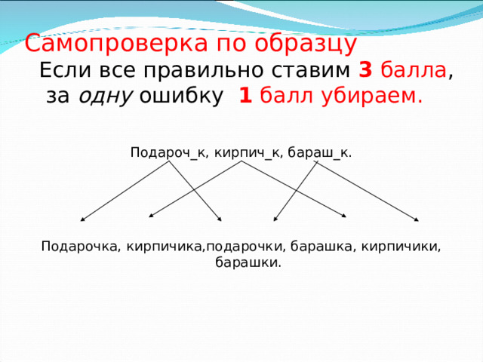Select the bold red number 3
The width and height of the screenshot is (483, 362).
[x=365, y=71]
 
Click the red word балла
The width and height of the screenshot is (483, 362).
[x=414, y=71]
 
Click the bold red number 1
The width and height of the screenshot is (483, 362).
[x=245, y=97]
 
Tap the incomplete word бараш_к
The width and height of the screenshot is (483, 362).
[x=321, y=152]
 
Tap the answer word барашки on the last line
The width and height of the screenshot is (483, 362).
[x=248, y=263]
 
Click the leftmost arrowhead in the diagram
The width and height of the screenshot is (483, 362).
[x=82, y=220]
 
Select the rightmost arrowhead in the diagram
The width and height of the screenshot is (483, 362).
[x=417, y=220]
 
